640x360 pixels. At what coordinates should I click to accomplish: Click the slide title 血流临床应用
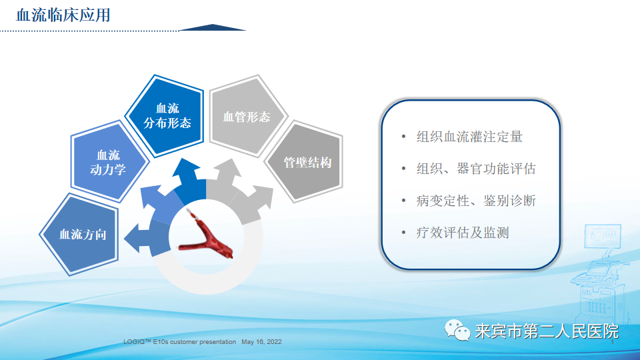click(63, 14)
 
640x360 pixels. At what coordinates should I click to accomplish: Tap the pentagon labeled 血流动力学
click(107, 162)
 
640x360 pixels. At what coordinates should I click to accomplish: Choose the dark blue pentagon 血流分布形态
click(167, 115)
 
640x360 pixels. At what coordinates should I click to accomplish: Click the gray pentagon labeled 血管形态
click(246, 117)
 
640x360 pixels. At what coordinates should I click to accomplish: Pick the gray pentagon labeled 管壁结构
click(307, 162)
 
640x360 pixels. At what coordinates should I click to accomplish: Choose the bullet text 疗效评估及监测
click(462, 233)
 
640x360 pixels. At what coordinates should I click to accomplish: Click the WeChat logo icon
click(457, 330)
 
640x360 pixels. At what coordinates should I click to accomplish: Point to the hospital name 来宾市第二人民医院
click(546, 331)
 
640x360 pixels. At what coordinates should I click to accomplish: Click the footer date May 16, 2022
click(261, 342)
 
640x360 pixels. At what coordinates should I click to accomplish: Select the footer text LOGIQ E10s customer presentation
click(179, 342)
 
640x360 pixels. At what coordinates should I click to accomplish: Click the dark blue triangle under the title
click(213, 27)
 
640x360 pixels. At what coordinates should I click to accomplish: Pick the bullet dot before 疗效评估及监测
click(403, 233)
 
